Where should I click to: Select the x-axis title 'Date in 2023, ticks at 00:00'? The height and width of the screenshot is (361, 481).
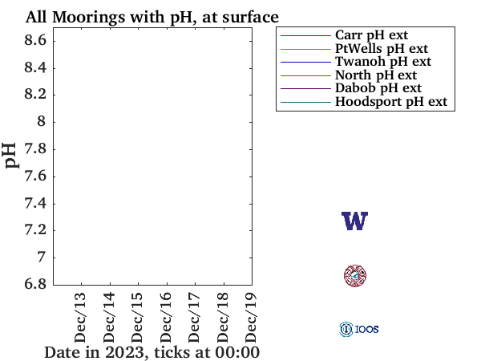pyautogui.click(x=152, y=352)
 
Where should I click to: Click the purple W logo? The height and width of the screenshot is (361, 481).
pyautogui.click(x=354, y=221)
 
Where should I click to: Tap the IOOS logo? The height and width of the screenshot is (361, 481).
pyautogui.click(x=358, y=329)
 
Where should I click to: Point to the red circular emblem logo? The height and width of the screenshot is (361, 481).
pyautogui.click(x=354, y=276)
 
